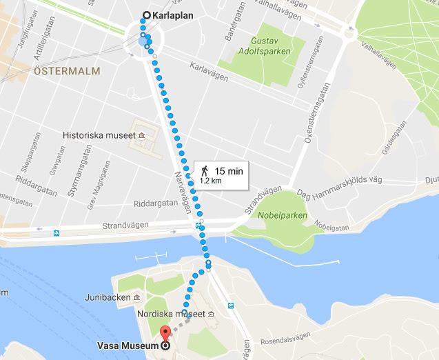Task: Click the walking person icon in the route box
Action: [x=205, y=170]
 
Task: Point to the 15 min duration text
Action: [x=228, y=170]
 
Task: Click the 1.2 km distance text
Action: [x=210, y=181]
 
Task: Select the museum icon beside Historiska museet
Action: [x=141, y=135]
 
